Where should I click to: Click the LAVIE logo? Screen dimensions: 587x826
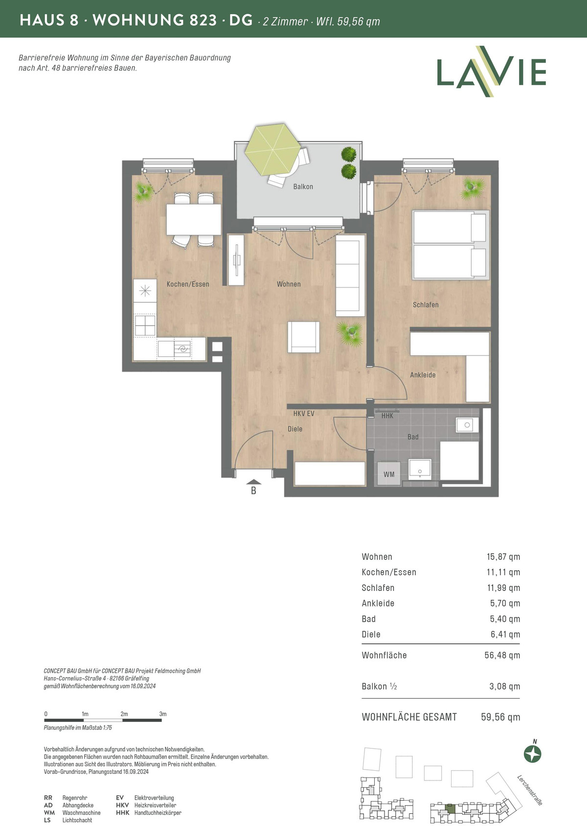tap(491, 71)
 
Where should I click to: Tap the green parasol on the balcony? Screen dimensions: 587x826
tap(272, 149)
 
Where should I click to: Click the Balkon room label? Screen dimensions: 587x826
tap(303, 187)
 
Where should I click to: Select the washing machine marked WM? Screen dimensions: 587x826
tap(389, 474)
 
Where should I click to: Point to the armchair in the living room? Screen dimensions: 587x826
tap(304, 337)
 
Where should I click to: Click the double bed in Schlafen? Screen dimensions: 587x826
tap(451, 244)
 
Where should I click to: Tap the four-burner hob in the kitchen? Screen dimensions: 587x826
tap(145, 326)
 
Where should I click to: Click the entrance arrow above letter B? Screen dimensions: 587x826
tap(253, 482)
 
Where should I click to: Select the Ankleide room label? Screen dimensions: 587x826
tap(423, 375)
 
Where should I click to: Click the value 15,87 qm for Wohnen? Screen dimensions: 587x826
tap(503, 557)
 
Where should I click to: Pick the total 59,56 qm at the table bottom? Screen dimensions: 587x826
tap(500, 717)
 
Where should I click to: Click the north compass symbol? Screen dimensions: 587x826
tap(533, 754)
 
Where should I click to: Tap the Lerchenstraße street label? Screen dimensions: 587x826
tap(529, 790)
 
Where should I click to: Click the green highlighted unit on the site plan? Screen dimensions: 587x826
tap(450, 809)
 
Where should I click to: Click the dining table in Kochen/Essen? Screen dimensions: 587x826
tap(193, 220)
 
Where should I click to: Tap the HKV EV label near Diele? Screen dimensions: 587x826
tap(304, 414)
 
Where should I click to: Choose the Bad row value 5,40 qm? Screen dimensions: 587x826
tap(505, 619)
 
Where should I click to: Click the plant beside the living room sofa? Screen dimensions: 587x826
tap(350, 333)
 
